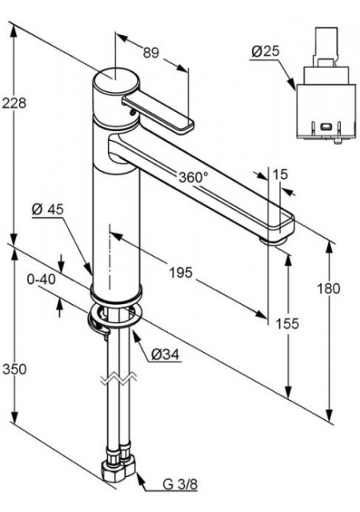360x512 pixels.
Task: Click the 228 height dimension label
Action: (x=14, y=103)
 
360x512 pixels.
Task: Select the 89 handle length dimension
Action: (x=151, y=52)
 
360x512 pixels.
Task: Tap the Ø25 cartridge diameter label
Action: (x=266, y=51)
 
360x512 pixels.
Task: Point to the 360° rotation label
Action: (x=194, y=177)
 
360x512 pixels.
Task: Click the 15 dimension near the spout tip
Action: (x=280, y=174)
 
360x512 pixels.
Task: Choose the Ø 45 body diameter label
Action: (x=48, y=210)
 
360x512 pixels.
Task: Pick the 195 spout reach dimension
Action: (x=181, y=272)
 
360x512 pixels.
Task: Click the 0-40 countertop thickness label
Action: (x=41, y=279)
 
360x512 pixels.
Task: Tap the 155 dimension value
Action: (x=287, y=323)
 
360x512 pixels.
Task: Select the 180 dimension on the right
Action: (x=329, y=288)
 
